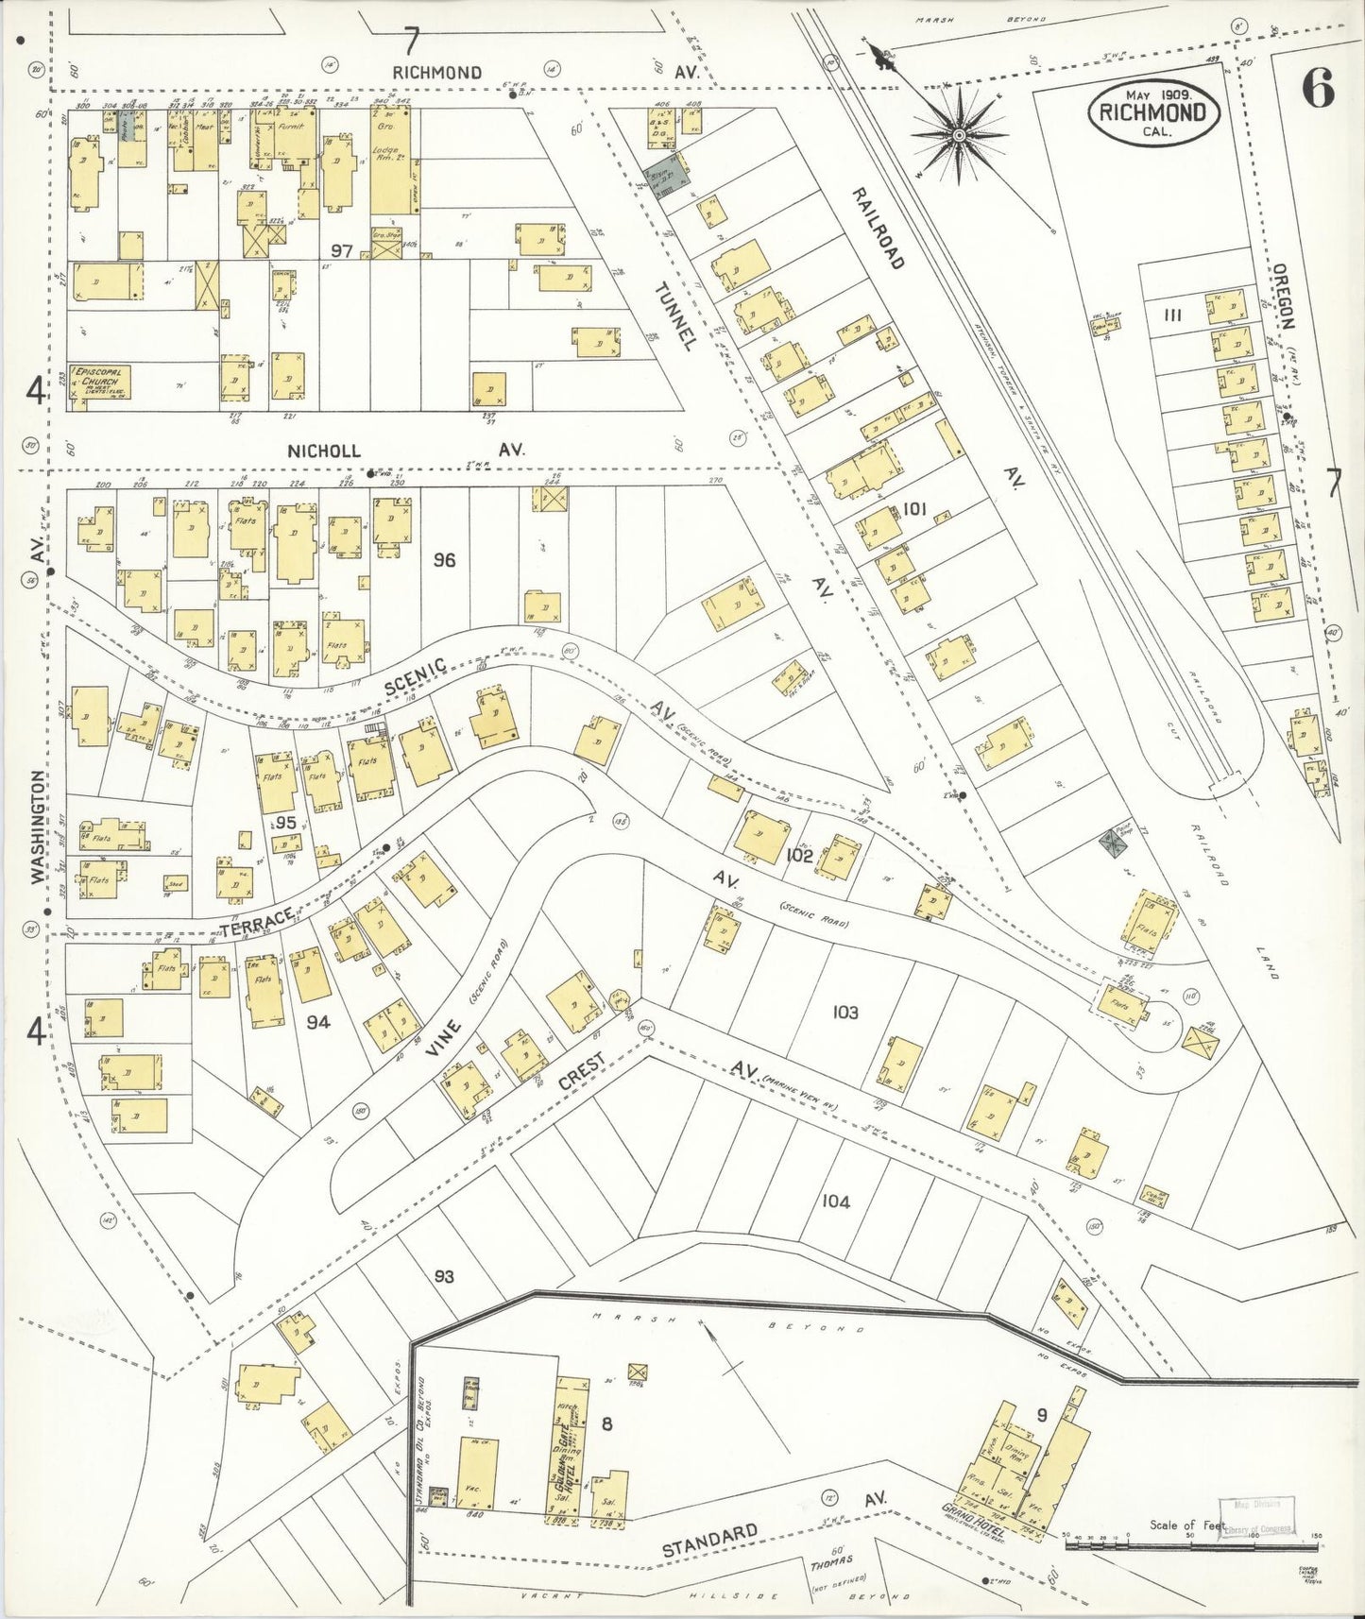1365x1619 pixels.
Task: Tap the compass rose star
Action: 959,137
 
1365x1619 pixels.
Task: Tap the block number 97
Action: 342,250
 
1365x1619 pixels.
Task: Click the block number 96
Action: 444,560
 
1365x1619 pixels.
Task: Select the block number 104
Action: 835,1201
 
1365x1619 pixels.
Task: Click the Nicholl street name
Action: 324,452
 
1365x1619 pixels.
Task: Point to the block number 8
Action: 607,1425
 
